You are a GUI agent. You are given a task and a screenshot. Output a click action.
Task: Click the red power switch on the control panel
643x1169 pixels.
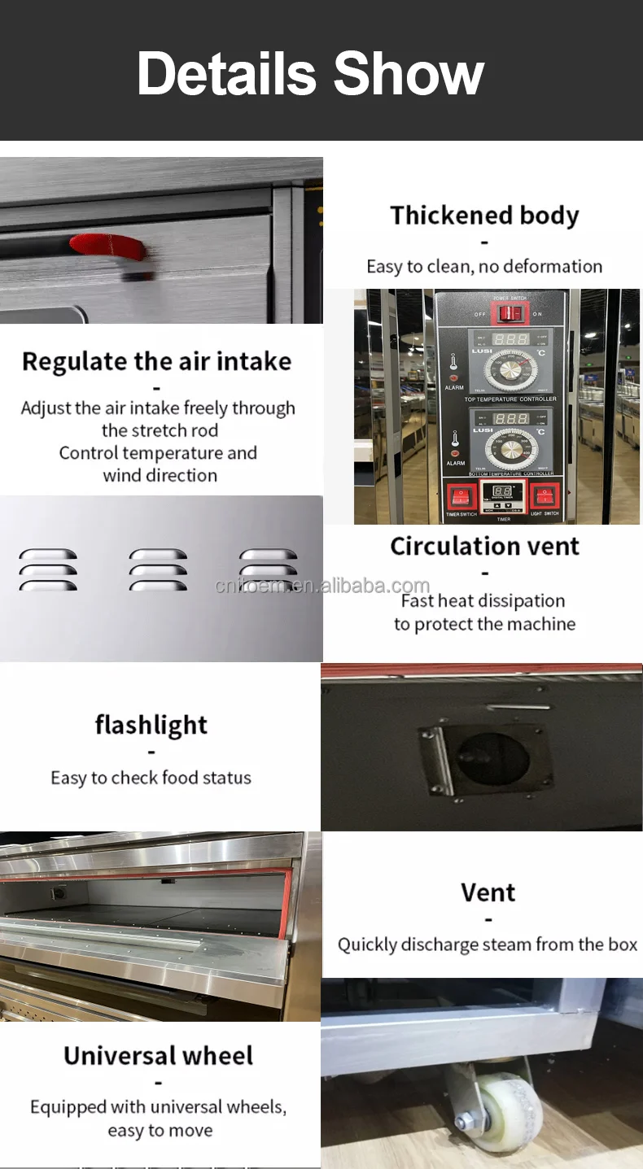510,313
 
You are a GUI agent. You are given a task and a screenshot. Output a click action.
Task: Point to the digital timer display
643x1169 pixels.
502,491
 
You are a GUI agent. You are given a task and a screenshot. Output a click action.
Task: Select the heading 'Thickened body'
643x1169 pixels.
484,216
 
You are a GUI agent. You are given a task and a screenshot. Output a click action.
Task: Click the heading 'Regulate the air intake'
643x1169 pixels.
156,361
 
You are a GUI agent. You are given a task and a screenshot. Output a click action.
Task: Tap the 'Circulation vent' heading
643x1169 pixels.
484,546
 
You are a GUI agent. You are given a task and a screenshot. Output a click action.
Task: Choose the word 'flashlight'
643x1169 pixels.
151,725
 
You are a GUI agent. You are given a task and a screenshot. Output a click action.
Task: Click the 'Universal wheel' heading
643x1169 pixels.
159,1056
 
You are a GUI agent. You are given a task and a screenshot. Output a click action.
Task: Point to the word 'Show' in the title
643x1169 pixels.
409,73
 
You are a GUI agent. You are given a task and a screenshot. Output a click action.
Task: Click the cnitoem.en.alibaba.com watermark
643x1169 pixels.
321,586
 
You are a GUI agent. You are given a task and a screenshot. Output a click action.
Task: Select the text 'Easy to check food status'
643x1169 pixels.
151,778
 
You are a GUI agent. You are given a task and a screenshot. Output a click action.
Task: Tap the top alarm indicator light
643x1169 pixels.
454,377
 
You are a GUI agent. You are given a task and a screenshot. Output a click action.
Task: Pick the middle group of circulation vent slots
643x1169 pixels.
158,569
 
